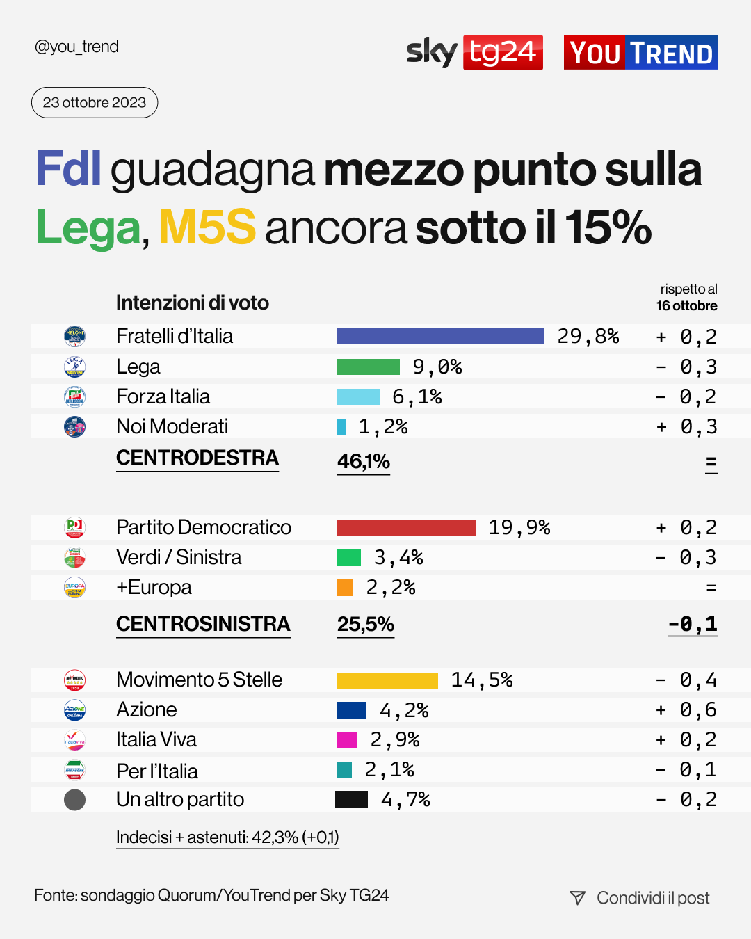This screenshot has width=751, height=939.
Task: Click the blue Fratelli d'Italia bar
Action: pos(440,337)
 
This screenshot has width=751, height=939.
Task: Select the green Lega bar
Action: pos(369,367)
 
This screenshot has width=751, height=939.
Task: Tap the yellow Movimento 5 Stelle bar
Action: pos(387,680)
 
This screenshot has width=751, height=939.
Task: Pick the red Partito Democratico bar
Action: pos(406,527)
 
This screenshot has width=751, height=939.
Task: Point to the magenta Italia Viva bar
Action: pos(347,739)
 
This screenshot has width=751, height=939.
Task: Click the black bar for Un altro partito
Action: pos(351,799)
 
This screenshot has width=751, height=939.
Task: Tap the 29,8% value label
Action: pos(588,337)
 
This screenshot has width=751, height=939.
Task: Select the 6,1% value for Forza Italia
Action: pos(417,396)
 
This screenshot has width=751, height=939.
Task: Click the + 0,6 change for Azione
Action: pos(686,709)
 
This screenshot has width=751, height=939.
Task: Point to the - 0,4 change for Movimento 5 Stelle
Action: pos(686,680)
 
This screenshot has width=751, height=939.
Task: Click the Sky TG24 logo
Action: pos(474,52)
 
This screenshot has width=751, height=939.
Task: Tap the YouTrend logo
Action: pos(640,53)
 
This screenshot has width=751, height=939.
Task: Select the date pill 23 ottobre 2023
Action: pos(95,103)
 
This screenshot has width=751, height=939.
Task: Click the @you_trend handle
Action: pos(76,47)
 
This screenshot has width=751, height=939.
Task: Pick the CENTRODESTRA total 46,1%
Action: pos(363,461)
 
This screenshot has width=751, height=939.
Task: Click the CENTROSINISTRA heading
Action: pos(203,624)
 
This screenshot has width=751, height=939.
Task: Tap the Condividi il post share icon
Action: pos(577,898)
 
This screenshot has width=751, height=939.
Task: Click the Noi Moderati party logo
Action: pos(74,426)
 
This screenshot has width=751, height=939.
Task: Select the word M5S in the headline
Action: pos(207,227)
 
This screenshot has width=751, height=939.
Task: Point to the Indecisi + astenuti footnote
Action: pos(227,837)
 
